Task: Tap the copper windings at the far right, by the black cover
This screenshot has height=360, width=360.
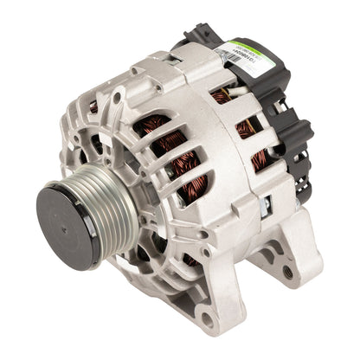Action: coord(259,160)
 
